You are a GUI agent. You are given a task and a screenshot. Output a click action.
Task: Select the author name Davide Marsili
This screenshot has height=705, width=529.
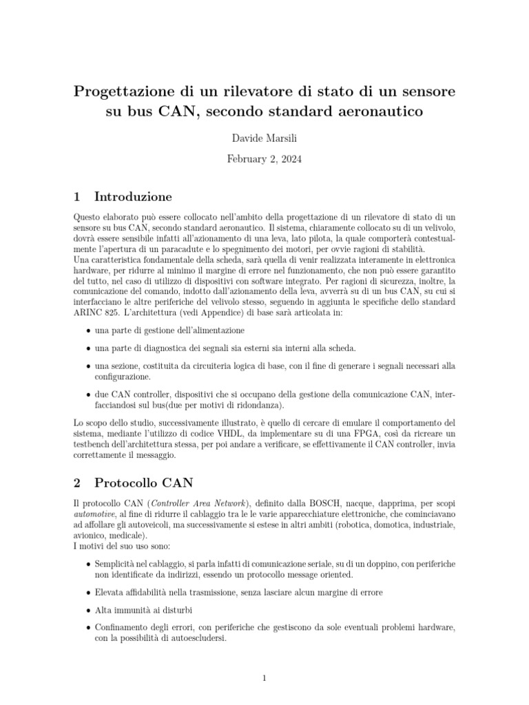pyautogui.click(x=264, y=139)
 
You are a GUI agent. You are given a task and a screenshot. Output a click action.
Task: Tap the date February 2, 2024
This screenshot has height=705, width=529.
pyautogui.click(x=264, y=158)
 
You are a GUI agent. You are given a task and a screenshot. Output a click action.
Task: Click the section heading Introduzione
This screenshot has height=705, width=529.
pyautogui.click(x=133, y=196)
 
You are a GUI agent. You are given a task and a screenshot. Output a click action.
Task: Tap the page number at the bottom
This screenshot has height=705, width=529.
pyautogui.click(x=264, y=679)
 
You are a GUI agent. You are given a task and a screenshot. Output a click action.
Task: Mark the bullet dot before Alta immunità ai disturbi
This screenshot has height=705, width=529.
pyautogui.click(x=88, y=610)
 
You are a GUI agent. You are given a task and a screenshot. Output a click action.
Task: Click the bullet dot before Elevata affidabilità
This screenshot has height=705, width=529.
pyautogui.click(x=88, y=592)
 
